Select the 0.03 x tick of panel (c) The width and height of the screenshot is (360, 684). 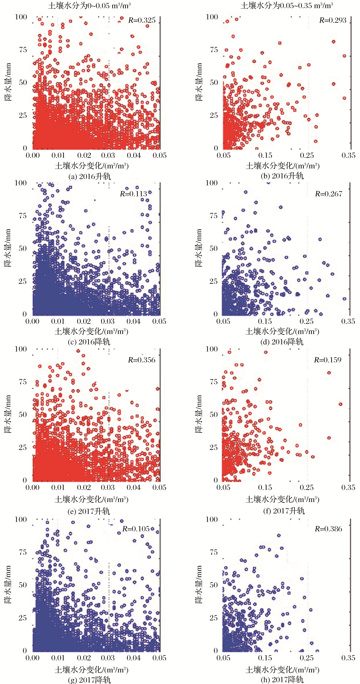tap(108, 322)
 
